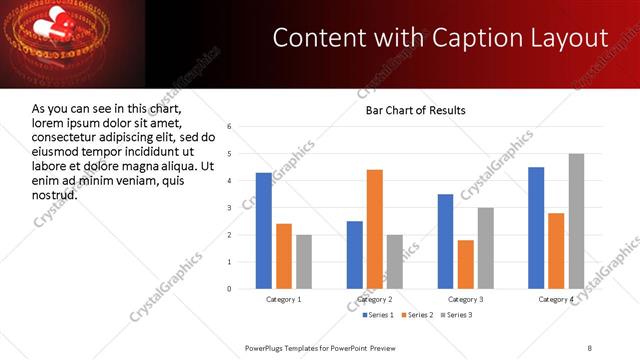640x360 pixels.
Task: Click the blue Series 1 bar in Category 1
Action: tap(264, 231)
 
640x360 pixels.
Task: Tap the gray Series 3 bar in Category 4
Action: tap(576, 221)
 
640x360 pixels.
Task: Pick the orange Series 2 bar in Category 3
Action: tap(466, 264)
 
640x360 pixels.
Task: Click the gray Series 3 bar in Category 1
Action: tap(304, 262)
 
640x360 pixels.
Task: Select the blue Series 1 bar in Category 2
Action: tap(355, 255)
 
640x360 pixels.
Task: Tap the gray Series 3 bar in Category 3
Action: tap(486, 248)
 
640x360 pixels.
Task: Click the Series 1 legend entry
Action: tap(375, 315)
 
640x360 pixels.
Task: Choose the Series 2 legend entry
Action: tap(415, 315)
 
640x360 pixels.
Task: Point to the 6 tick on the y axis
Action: tap(230, 127)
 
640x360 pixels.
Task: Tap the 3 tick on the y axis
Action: tap(230, 208)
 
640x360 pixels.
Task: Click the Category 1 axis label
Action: tap(284, 299)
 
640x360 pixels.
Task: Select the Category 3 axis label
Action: tap(466, 299)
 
